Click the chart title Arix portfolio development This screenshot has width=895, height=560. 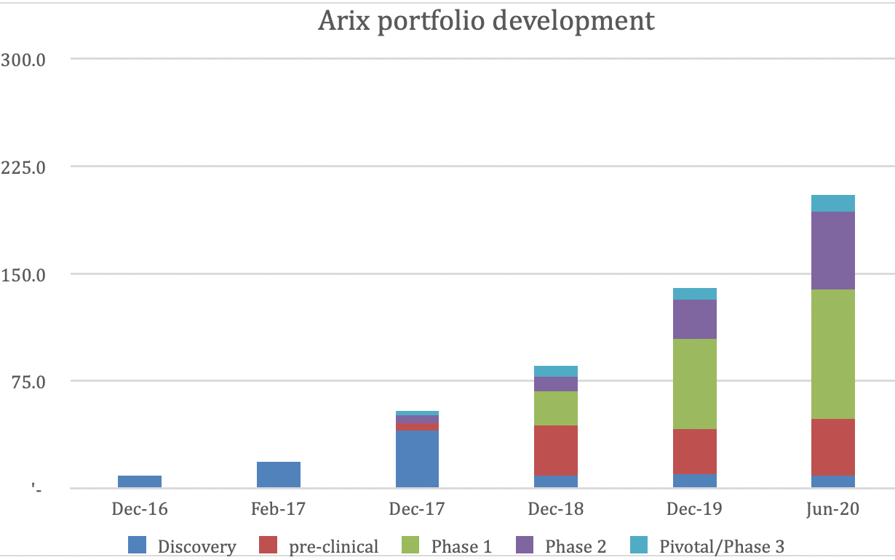pyautogui.click(x=486, y=20)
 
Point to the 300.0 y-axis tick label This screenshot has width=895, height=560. pyautogui.click(x=24, y=60)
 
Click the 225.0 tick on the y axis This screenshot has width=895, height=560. pyautogui.click(x=24, y=167)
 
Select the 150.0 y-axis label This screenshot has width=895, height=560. pyautogui.click(x=24, y=275)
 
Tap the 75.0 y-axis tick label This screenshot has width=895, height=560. pyautogui.click(x=28, y=382)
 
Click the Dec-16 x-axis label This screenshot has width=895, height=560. pyautogui.click(x=140, y=509)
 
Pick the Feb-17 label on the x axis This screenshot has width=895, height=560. pyautogui.click(x=279, y=509)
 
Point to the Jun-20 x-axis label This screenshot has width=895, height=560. pyautogui.click(x=833, y=509)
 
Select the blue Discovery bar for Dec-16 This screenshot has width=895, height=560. pyautogui.click(x=140, y=481)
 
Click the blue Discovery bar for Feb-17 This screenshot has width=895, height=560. pyautogui.click(x=279, y=475)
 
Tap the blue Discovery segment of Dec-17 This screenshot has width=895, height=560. pyautogui.click(x=417, y=459)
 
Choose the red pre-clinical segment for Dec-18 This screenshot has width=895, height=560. pyautogui.click(x=556, y=450)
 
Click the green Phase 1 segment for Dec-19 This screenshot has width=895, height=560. pyautogui.click(x=695, y=384)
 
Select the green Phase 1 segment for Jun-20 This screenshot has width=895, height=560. pyautogui.click(x=833, y=354)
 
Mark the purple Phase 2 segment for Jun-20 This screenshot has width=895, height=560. pyautogui.click(x=833, y=250)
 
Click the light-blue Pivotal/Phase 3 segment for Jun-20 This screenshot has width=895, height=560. pyautogui.click(x=833, y=203)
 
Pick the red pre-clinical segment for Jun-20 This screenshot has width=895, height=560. pyautogui.click(x=833, y=447)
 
